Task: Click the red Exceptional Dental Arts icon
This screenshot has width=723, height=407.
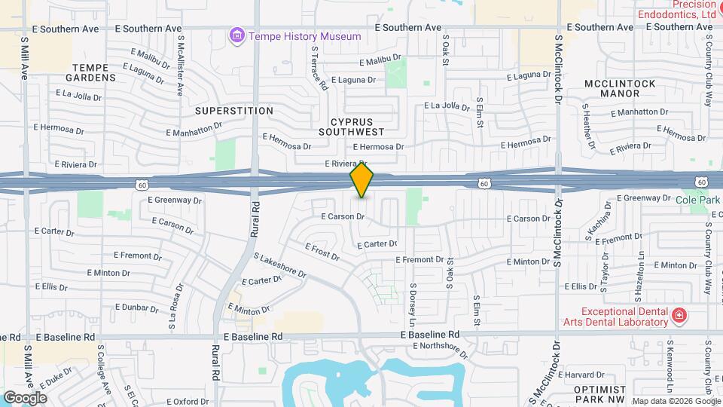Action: point(679,314)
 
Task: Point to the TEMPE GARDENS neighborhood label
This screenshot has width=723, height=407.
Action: point(94,72)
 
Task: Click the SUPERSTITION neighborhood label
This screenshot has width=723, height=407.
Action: point(233,111)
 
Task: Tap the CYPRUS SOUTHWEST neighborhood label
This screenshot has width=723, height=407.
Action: point(362,127)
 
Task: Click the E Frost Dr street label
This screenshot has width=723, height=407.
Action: point(322,251)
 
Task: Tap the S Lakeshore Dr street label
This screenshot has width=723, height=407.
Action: point(280,265)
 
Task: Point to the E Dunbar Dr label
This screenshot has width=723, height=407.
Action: point(136,308)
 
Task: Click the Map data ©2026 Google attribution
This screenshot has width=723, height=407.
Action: point(676,401)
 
